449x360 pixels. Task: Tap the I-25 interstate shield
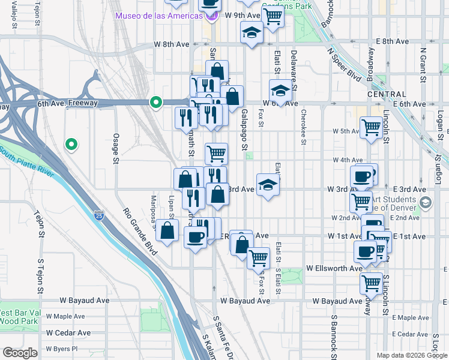[98, 215]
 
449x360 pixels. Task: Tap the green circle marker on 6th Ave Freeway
[156, 103]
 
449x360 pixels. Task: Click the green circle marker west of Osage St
[71, 144]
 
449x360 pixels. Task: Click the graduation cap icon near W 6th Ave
[280, 91]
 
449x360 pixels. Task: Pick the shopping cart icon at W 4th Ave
[216, 153]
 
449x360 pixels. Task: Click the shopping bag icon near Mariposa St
[169, 230]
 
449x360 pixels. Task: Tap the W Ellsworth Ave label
[334, 268]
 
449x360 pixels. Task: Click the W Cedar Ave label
[68, 332]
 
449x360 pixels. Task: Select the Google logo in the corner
[20, 353]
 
